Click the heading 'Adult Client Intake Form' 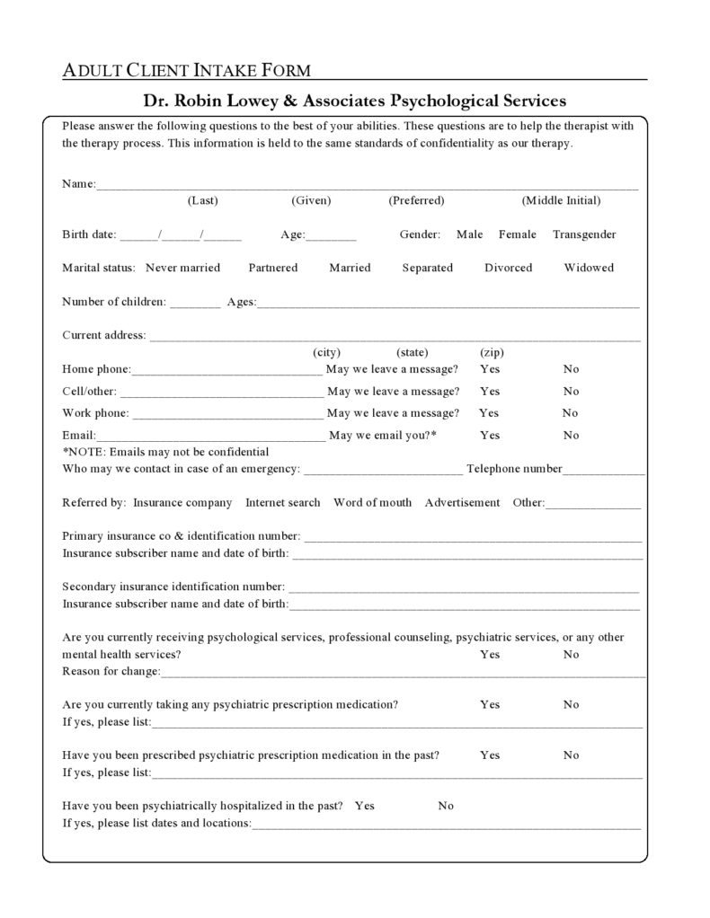pyautogui.click(x=187, y=70)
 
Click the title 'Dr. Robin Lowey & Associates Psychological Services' pyautogui.click(x=355, y=100)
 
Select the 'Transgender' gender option pyautogui.click(x=584, y=234)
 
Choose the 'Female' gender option pyautogui.click(x=517, y=234)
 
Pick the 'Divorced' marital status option pyautogui.click(x=508, y=268)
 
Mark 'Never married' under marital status pyautogui.click(x=182, y=268)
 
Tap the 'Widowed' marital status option pyautogui.click(x=589, y=268)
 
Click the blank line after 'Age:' pyautogui.click(x=332, y=236)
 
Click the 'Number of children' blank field pyautogui.click(x=195, y=304)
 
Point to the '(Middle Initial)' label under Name pyautogui.click(x=561, y=200)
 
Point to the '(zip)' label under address pyautogui.click(x=492, y=352)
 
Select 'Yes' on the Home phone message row pyautogui.click(x=490, y=369)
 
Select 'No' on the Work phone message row pyautogui.click(x=570, y=413)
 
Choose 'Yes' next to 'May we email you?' pyautogui.click(x=490, y=436)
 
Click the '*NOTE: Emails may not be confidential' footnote pyautogui.click(x=165, y=452)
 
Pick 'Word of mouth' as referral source pyautogui.click(x=372, y=503)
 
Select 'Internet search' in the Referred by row pyautogui.click(x=282, y=503)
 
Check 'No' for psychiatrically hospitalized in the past pyautogui.click(x=446, y=806)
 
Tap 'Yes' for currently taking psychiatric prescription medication pyautogui.click(x=490, y=704)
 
